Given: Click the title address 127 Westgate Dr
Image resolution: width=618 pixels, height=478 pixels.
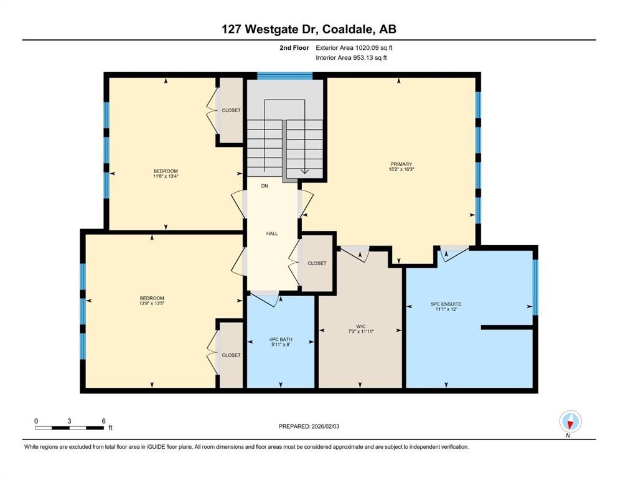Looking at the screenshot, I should click(x=308, y=29).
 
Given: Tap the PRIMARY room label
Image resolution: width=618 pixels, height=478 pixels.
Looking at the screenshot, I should click(x=401, y=164).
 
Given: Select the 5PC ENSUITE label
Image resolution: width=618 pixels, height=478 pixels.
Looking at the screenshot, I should click(x=446, y=304).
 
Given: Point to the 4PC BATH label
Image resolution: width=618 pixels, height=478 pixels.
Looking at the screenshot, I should click(x=280, y=339).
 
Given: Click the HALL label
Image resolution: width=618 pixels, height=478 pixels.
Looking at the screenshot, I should click(x=272, y=233).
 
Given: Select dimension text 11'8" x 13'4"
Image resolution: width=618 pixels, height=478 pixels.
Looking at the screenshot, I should click(x=166, y=176).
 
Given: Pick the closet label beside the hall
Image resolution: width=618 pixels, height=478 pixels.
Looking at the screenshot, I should click(x=317, y=263).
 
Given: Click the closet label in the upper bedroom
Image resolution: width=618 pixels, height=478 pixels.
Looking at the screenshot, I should click(x=231, y=110).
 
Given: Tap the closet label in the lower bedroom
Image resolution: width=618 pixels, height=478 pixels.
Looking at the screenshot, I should click(x=231, y=355).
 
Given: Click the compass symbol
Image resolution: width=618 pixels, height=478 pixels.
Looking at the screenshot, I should click(x=570, y=422).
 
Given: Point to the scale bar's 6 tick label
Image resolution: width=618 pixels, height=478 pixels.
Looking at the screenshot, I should click(x=103, y=421).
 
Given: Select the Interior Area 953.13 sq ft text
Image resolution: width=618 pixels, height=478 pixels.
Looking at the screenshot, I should click(x=352, y=58).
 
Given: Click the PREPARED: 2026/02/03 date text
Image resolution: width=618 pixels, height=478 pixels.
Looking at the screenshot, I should click(x=309, y=426).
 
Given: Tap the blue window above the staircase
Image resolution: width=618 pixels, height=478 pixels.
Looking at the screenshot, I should click(x=284, y=76).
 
